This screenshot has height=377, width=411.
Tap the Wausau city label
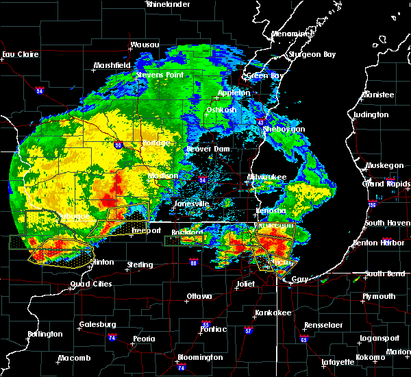pyautogui.click(x=145, y=45)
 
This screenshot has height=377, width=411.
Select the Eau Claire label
pyautogui.click(x=18, y=54)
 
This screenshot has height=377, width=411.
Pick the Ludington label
pyautogui.click(x=372, y=114)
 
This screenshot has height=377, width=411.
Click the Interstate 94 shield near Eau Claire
pyautogui.click(x=40, y=90)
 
